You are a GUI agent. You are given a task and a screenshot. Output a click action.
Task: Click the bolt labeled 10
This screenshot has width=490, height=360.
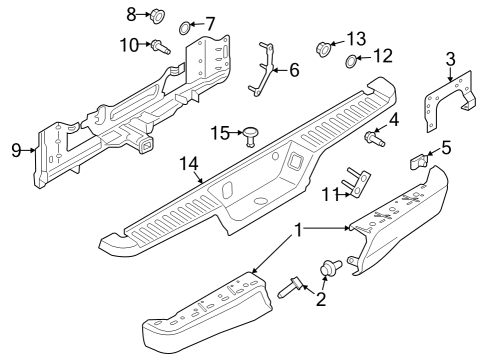(x=158, y=44)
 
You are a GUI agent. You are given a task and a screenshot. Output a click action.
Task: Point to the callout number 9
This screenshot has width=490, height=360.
(x=16, y=150)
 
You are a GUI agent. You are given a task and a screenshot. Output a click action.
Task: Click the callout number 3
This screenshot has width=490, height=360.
(x=451, y=59)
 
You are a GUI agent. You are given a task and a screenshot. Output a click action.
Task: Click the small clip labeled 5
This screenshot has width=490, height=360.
(x=420, y=157)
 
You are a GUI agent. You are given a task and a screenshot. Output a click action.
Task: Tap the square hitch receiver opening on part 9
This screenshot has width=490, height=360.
(x=147, y=147)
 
